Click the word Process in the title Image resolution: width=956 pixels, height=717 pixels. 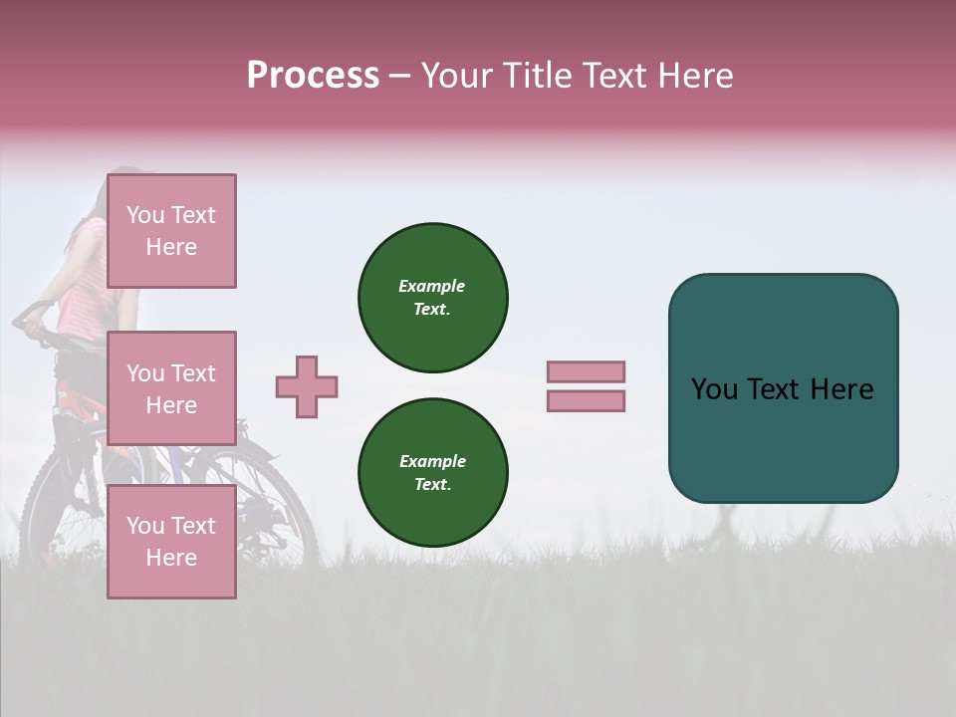pos(313,76)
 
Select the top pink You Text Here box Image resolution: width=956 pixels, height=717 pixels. pos(171,231)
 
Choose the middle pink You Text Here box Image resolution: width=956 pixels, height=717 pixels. pos(171,388)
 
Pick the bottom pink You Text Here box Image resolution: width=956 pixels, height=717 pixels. pos(171,542)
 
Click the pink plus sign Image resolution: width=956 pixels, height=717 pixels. pos(307,387)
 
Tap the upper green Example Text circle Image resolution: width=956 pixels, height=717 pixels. pos(433,298)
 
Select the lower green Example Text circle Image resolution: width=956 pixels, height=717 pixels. pos(433,473)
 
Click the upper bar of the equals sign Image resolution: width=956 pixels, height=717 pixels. pos(587,372)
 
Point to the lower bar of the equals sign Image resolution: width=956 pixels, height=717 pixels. pos(587,401)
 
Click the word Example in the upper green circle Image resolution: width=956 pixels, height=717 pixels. pos(432,286)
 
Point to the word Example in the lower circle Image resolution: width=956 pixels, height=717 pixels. pos(432,461)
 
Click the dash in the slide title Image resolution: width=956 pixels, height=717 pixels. pos(399,77)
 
